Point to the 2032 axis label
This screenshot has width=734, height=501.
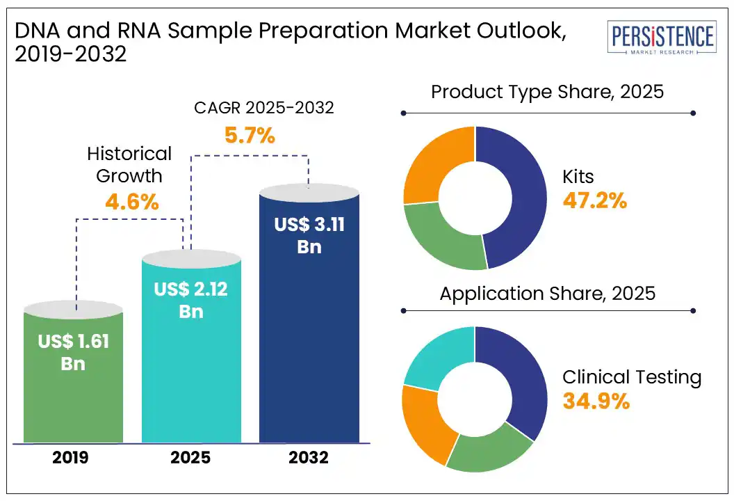click(309, 458)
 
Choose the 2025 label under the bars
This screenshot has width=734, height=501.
click(191, 458)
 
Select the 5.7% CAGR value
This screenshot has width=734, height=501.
click(249, 135)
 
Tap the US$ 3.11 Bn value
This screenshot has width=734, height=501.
click(309, 235)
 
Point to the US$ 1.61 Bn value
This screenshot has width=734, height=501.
click(74, 351)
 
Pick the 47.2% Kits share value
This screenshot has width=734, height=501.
click(595, 202)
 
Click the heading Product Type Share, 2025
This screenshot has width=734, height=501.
click(548, 92)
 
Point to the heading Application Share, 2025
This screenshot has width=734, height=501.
click(548, 293)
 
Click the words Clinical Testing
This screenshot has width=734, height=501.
click(632, 377)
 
